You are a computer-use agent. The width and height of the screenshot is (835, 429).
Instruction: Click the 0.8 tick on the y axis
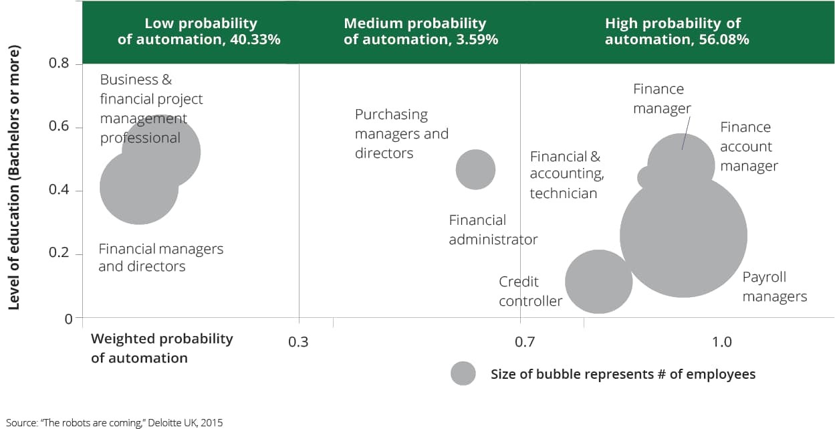pyautogui.click(x=59, y=63)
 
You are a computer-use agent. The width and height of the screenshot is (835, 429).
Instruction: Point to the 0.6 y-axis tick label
pyautogui.click(x=59, y=126)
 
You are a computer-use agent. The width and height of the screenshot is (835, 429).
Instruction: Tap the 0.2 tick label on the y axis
pyautogui.click(x=59, y=252)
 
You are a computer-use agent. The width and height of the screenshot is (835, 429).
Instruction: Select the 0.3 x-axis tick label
pyautogui.click(x=298, y=342)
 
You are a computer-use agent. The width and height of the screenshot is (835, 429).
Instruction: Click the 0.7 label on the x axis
pyautogui.click(x=525, y=342)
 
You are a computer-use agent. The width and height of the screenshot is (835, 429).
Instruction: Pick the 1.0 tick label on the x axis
pyautogui.click(x=721, y=342)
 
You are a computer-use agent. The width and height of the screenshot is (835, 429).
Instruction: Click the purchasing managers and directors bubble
pyautogui.click(x=475, y=170)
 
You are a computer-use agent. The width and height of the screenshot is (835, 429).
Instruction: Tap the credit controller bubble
pyautogui.click(x=598, y=282)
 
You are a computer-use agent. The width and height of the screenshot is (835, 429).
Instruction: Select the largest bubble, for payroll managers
pyautogui.click(x=683, y=235)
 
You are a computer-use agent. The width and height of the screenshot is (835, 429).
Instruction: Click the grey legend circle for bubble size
pyautogui.click(x=463, y=373)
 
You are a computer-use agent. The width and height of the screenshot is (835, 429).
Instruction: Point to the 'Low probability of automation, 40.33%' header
pyautogui.click(x=199, y=31)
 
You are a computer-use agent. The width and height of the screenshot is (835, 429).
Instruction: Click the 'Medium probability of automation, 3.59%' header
pyautogui.click(x=421, y=31)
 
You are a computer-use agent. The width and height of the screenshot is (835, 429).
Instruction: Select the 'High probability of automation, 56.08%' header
pyautogui.click(x=677, y=31)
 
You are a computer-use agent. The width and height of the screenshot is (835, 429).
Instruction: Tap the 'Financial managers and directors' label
pyautogui.click(x=160, y=258)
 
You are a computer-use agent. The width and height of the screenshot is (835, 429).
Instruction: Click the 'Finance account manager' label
pyautogui.click(x=749, y=147)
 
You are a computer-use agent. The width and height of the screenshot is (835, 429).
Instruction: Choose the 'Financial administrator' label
pyautogui.click(x=493, y=230)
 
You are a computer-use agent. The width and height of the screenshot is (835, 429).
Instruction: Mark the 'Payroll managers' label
pyautogui.click(x=774, y=287)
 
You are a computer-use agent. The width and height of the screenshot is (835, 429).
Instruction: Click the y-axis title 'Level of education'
pyautogui.click(x=14, y=177)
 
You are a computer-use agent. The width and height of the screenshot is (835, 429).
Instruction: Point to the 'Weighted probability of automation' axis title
pyautogui.click(x=162, y=348)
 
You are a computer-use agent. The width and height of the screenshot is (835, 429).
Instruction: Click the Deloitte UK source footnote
pyautogui.click(x=114, y=423)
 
